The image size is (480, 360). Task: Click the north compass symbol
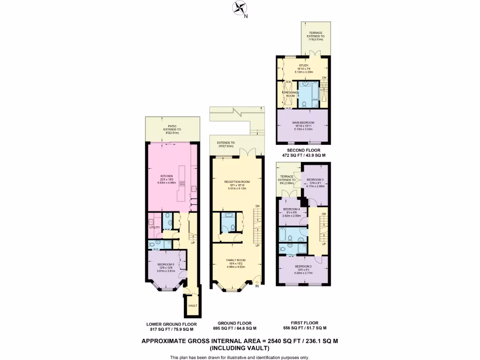[x=240, y=7]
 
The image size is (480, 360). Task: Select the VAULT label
[x=193, y=305]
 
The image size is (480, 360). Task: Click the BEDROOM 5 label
[x=166, y=264]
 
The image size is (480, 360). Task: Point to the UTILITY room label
[x=155, y=227]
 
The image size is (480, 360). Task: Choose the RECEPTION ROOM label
[x=237, y=181]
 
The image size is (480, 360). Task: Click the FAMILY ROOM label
[x=237, y=260]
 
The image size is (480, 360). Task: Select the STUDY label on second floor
[x=303, y=65]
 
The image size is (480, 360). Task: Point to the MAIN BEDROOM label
[x=304, y=122]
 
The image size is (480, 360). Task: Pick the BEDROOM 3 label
[x=315, y=180]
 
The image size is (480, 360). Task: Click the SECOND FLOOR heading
[x=303, y=150]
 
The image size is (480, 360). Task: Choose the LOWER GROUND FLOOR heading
[x=171, y=323]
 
